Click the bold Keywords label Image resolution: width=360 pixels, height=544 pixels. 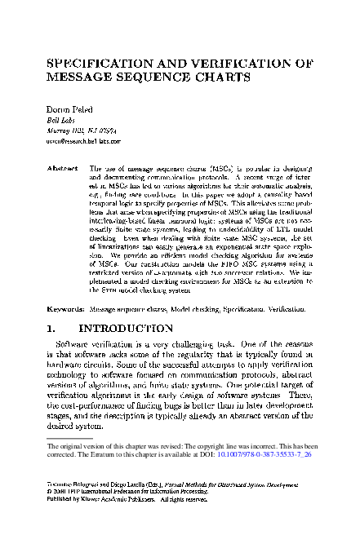[x=64, y=310]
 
